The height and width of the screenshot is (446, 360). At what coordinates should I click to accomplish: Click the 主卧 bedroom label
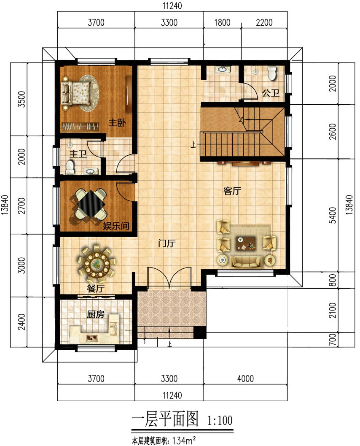[x=117, y=123]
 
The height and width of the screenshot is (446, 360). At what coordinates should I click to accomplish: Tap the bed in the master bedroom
[x=77, y=92]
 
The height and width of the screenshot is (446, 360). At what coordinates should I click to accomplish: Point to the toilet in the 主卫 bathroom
[x=70, y=167]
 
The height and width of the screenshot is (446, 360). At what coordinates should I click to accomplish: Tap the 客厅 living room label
[x=232, y=191]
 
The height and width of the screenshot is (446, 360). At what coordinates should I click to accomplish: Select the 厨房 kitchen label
[x=95, y=315]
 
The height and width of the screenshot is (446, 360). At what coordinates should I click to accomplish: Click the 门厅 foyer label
[x=167, y=243]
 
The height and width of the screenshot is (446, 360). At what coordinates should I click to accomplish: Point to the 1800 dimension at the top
[x=222, y=22]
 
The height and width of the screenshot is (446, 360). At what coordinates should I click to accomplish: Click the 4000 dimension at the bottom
[x=245, y=378]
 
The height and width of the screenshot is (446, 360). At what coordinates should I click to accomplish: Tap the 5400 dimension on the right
[x=333, y=215]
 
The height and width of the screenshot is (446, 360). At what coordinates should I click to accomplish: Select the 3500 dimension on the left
[x=21, y=99]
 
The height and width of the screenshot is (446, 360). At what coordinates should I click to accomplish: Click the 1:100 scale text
[x=220, y=420]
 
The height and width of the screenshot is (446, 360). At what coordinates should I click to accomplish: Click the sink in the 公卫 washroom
[x=222, y=69]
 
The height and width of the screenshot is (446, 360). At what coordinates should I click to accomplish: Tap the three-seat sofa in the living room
[x=246, y=262]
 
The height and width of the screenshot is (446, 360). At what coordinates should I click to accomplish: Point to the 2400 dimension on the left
[x=21, y=322]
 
